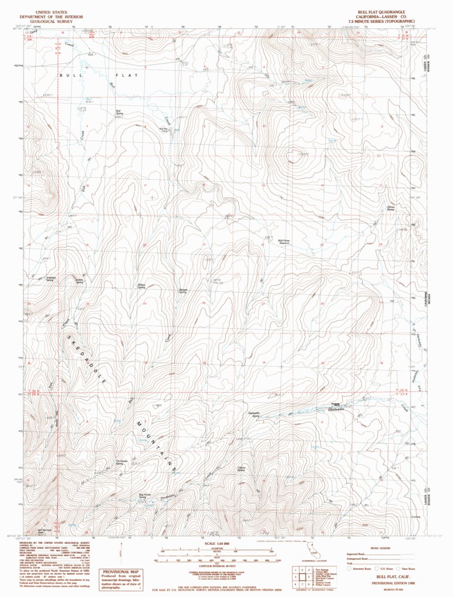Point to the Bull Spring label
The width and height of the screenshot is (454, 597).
point(118,112)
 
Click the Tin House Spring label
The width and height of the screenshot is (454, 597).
point(121,462)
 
